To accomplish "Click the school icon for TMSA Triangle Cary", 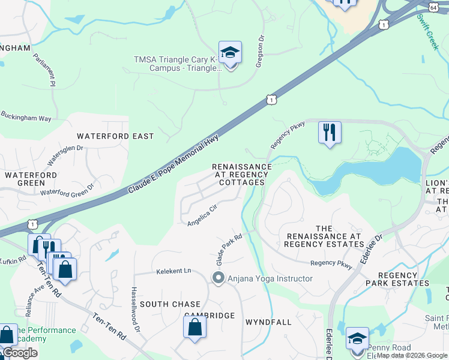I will point(230,53).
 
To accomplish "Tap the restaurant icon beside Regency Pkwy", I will point(329,132).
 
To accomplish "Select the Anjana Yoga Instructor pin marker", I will point(218,278).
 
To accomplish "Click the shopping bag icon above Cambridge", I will point(194,328).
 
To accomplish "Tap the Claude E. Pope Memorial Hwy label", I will point(173,164).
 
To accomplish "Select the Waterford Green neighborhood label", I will point(25,178).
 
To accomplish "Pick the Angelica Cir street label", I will point(202,216).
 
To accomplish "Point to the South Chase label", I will point(169,304).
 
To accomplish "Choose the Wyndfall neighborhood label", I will point(268,322).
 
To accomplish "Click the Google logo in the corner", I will point(19,353).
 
